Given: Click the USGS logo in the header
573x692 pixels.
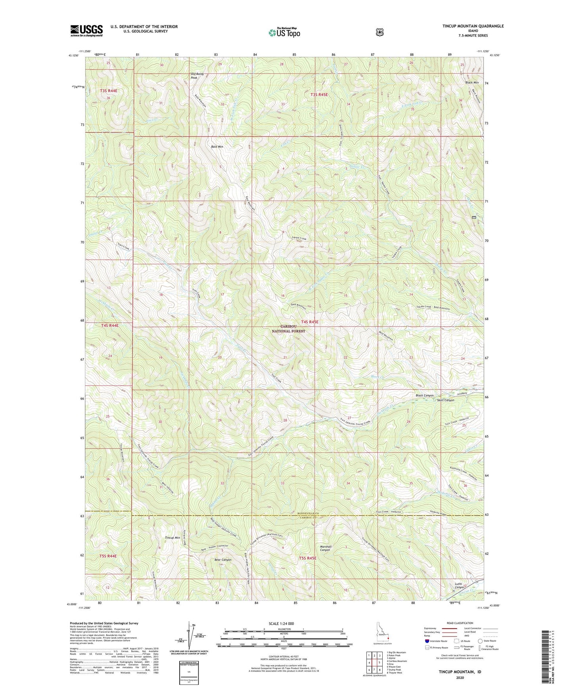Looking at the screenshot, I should pyautogui.click(x=86, y=31).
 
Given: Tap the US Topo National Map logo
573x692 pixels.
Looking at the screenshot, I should pyautogui.click(x=284, y=32).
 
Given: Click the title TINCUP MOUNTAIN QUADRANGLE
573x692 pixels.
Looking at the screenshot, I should pyautogui.click(x=468, y=26).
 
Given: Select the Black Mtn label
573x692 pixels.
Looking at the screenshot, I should pyautogui.click(x=471, y=82).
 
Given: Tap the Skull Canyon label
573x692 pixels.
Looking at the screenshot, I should pyautogui.click(x=445, y=400).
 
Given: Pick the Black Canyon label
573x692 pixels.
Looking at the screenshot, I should pyautogui.click(x=424, y=396).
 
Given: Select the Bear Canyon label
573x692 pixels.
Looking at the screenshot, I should pyautogui.click(x=222, y=560).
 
